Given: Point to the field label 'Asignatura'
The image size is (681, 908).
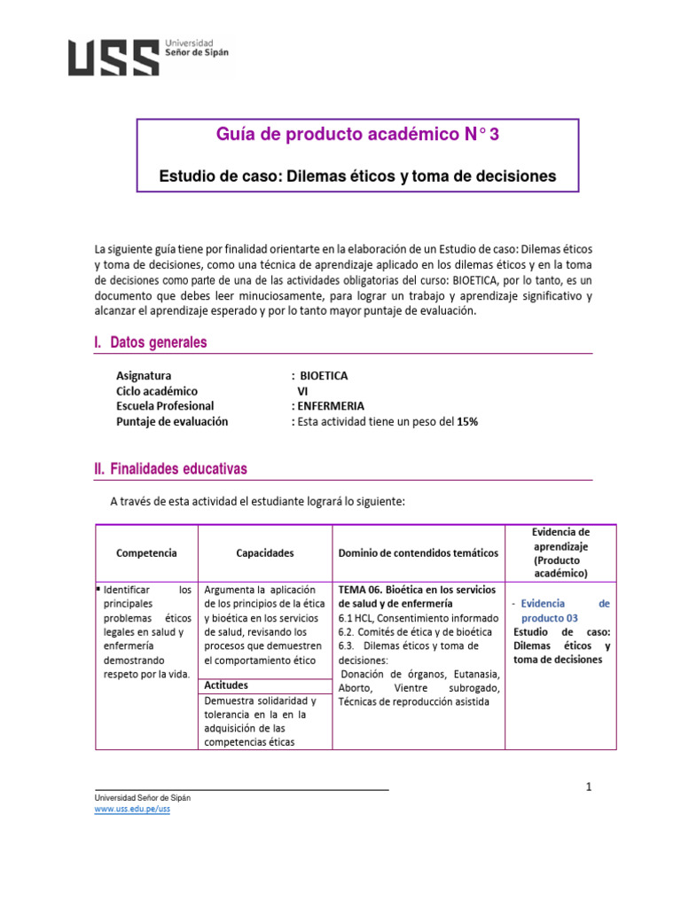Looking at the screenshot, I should [x=144, y=376].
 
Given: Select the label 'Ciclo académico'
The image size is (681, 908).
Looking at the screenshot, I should [x=157, y=391].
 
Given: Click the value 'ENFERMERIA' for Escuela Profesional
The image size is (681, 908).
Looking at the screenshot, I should [x=330, y=406].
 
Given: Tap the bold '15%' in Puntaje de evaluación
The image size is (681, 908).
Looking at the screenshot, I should [x=467, y=422].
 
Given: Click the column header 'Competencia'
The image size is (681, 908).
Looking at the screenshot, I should [x=146, y=552].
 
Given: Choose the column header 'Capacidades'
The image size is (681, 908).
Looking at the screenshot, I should [x=264, y=552].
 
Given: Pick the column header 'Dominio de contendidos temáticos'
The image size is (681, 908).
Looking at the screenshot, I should [x=419, y=552].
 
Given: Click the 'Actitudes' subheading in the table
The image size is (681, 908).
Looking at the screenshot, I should [x=226, y=685].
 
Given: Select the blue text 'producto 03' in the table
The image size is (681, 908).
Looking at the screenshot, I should [x=549, y=617].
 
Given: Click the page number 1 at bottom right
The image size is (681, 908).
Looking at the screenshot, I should [x=588, y=787].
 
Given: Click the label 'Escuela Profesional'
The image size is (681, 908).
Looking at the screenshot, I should [x=165, y=406].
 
